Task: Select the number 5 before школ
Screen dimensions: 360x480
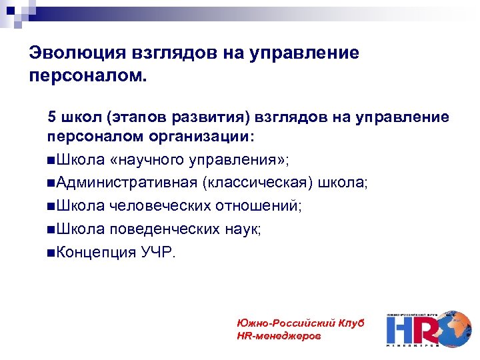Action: (51, 117)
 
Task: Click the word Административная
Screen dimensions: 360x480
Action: (127, 183)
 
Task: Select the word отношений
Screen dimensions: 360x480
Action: (257, 207)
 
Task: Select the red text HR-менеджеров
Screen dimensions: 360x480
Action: (279, 336)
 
